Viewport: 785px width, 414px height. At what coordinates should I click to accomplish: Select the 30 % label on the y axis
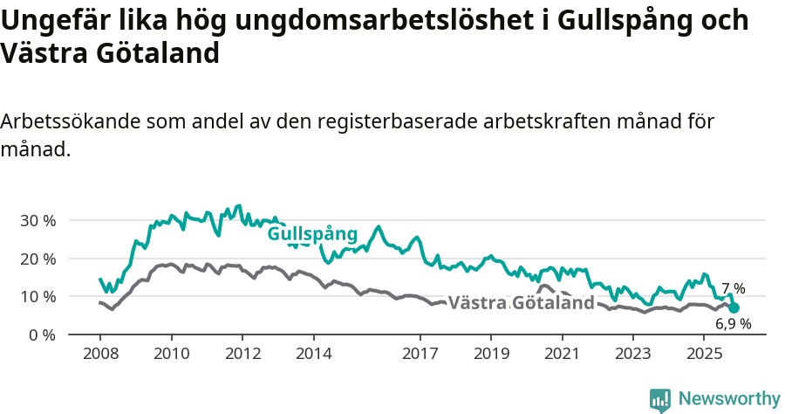(x=38, y=220)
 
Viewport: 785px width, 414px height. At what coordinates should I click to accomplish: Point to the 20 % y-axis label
(x=38, y=259)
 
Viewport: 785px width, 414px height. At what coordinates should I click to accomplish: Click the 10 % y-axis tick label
(x=38, y=296)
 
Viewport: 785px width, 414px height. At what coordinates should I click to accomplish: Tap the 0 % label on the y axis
(x=42, y=335)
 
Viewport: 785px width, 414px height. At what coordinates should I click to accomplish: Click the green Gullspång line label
(x=312, y=234)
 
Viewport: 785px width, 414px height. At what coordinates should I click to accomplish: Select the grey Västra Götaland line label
(x=521, y=303)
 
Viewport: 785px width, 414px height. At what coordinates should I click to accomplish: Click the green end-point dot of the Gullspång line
(x=734, y=307)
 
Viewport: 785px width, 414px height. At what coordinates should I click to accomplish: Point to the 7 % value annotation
(x=733, y=288)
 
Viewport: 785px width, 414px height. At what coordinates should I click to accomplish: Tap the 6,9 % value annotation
(x=733, y=324)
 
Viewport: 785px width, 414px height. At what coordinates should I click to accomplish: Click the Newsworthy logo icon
(x=660, y=399)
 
